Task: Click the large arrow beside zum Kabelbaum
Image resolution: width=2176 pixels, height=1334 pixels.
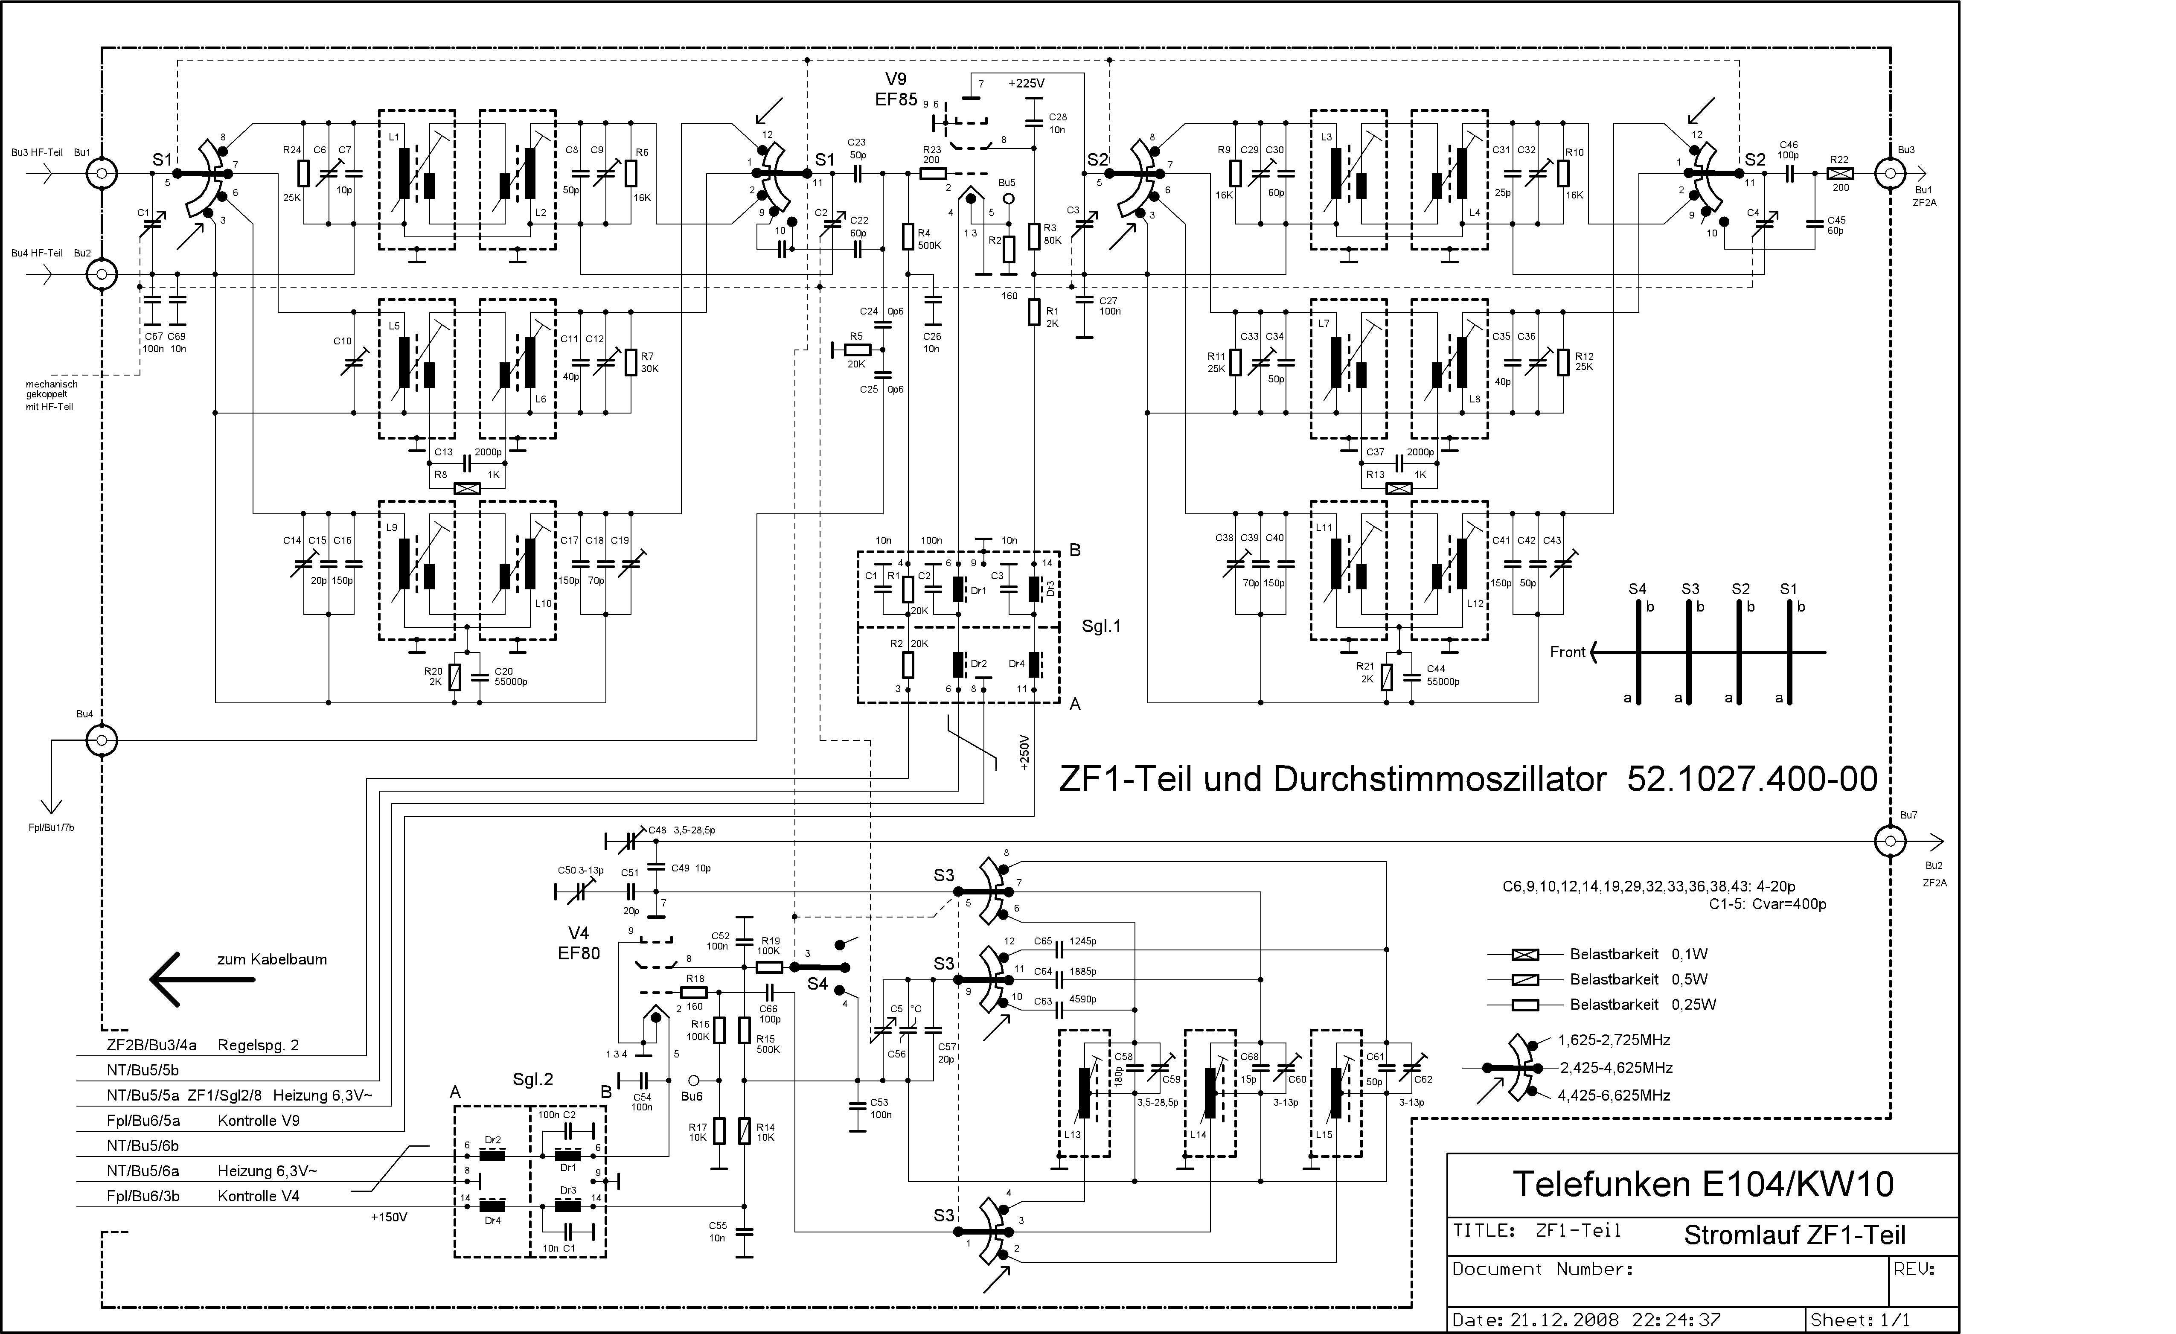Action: click(201, 979)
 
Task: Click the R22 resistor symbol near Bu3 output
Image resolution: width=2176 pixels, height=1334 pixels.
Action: click(1839, 174)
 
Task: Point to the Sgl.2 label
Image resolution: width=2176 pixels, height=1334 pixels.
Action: click(532, 1080)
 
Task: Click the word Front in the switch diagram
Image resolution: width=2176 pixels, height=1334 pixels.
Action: click(1568, 652)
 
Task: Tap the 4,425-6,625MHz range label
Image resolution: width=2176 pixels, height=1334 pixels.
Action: click(1614, 1095)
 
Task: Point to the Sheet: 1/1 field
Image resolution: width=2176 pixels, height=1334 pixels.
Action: click(1859, 1320)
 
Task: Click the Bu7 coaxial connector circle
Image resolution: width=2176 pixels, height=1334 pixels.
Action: click(1890, 841)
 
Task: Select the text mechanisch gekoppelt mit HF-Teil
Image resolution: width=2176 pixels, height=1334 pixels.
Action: click(51, 395)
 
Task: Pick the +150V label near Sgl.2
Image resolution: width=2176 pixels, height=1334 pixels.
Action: click(389, 1217)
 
